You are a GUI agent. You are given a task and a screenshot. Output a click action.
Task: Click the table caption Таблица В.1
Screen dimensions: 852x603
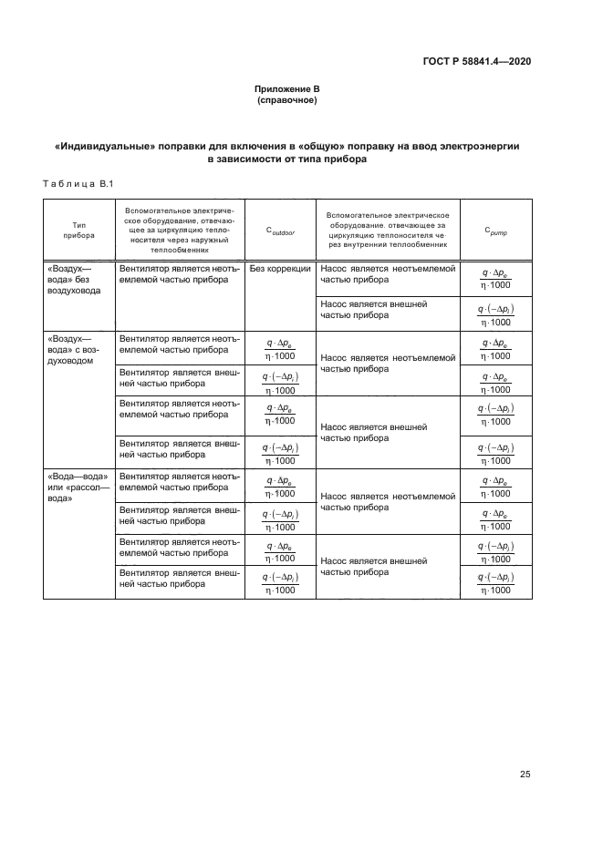tap(77, 185)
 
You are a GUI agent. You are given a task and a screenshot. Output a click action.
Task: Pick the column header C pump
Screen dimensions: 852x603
tap(495, 231)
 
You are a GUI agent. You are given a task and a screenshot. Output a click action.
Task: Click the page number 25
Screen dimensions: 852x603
tap(525, 775)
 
